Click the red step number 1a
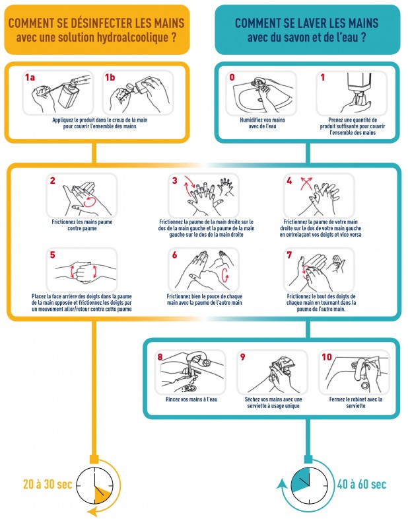coord(30,77)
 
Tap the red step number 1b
coord(110,77)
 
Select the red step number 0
coord(232,77)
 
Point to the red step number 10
coord(327,357)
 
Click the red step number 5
coord(51,255)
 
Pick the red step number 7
coord(289,255)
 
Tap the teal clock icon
coord(305,485)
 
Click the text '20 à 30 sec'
coord(37,485)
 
